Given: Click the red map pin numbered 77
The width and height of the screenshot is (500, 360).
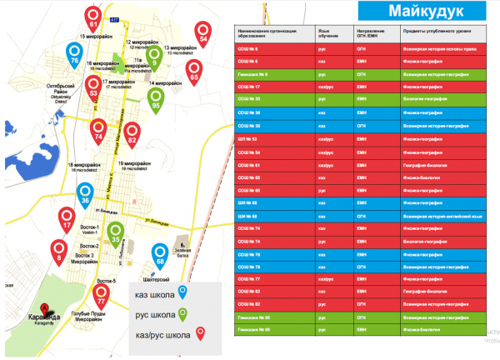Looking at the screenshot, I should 102,294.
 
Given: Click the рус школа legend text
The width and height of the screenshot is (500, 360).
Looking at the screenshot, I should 155,314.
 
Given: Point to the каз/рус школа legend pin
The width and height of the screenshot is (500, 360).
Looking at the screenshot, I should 200,334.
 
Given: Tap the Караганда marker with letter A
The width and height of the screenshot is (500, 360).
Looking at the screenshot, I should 36,307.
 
